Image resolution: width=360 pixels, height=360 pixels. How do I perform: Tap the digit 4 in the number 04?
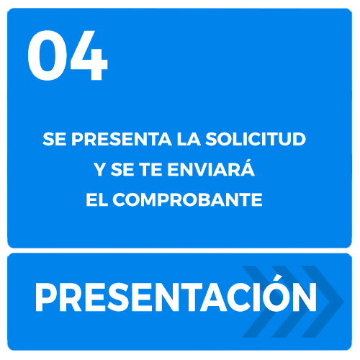click(89, 55)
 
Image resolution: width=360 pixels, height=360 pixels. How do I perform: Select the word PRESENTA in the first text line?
click(122, 139)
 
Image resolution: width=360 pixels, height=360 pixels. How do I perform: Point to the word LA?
click(189, 139)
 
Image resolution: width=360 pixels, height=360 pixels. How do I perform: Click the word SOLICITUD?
click(256, 139)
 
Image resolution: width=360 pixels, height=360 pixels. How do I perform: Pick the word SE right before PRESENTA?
click(54, 139)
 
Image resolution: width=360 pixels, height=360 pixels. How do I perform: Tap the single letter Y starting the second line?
click(100, 169)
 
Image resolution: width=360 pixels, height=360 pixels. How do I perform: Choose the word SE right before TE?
click(122, 169)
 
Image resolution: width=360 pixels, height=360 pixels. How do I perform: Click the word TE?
click(150, 169)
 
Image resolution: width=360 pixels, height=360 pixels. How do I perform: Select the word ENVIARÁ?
click(211, 168)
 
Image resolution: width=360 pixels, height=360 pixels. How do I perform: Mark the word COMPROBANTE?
click(187, 199)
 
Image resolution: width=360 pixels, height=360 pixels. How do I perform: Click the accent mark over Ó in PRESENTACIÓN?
click(279, 277)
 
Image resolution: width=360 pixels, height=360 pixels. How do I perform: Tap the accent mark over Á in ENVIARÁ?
click(247, 161)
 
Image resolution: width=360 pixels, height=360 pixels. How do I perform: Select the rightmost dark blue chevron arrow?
click(323, 302)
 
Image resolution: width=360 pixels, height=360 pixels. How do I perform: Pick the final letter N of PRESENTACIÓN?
click(304, 297)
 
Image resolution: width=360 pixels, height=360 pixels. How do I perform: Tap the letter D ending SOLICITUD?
click(299, 139)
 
